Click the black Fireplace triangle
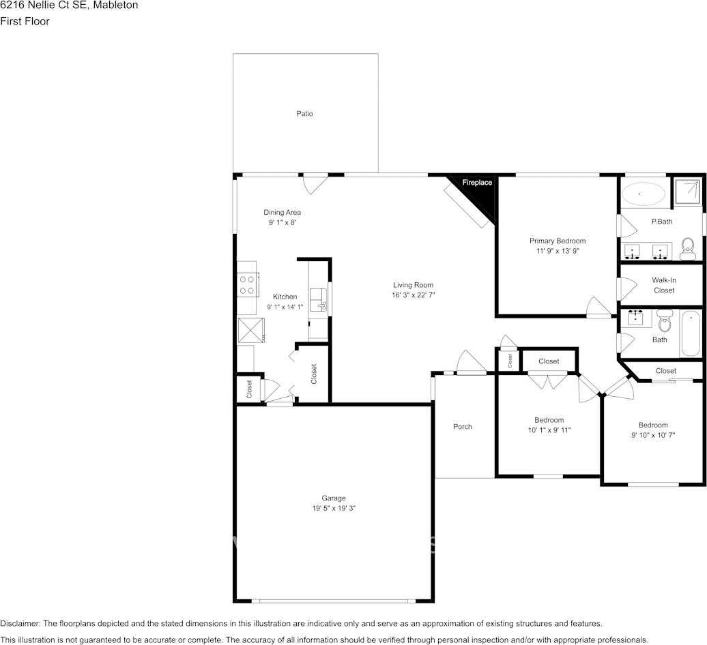tap(480, 193)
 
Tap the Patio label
tap(304, 114)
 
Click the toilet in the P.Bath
tap(688, 249)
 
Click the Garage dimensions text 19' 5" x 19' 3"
tap(334, 508)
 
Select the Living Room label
tap(413, 285)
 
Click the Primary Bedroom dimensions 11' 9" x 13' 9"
tap(558, 251)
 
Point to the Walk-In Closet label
tap(664, 285)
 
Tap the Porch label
tap(463, 427)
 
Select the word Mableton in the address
tap(115, 5)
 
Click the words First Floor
tap(25, 21)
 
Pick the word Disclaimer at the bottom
tap(20, 624)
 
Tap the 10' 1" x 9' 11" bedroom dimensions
tap(549, 430)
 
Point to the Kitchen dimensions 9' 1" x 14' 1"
tap(285, 307)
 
